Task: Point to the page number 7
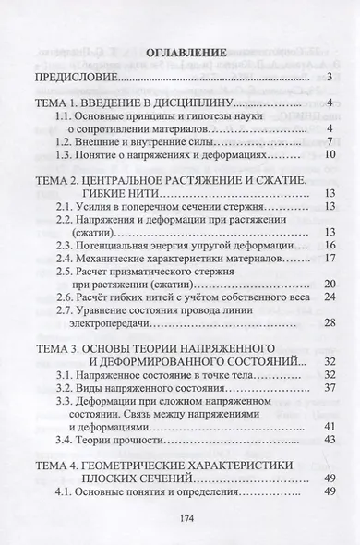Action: pyautogui.click(x=329, y=143)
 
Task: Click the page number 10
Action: pyautogui.click(x=328, y=159)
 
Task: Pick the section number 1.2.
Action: pyautogui.click(x=62, y=143)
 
